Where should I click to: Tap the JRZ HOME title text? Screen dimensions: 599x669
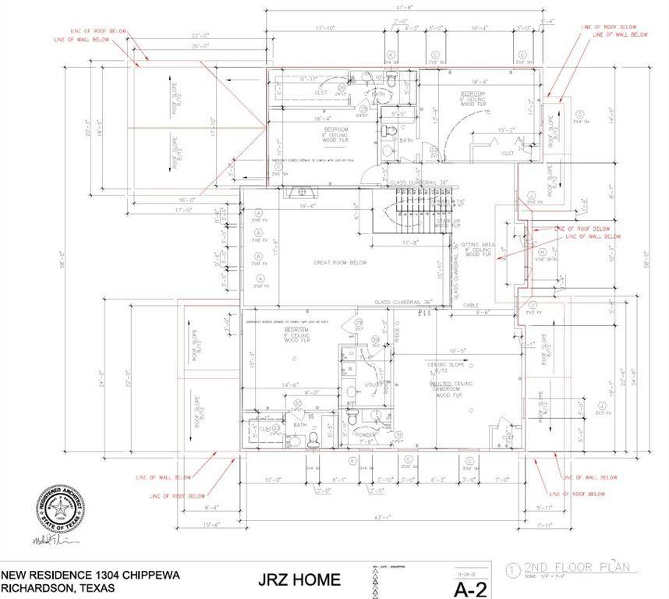(299, 580)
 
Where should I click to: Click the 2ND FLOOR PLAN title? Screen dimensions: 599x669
(577, 568)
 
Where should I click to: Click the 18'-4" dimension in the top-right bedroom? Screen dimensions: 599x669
(480, 80)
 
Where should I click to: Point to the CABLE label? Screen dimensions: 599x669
(470, 305)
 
